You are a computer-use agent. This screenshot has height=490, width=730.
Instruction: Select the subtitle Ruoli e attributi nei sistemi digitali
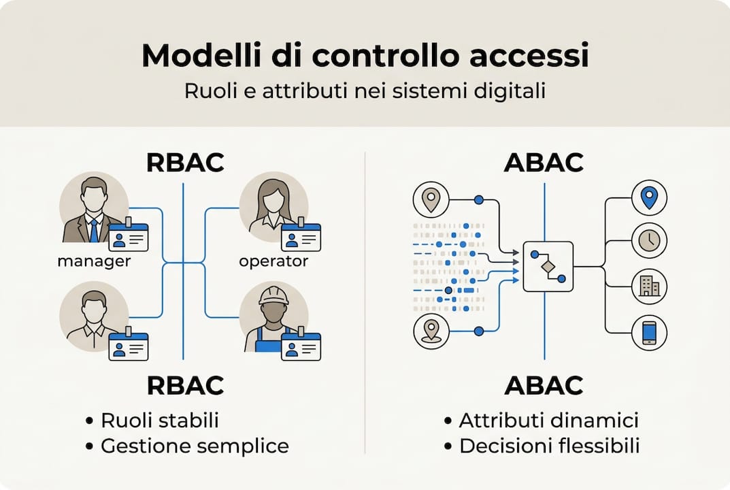(365, 92)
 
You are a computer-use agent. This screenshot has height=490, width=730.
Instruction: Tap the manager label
(94, 261)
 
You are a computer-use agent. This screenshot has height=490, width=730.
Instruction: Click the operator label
(273, 261)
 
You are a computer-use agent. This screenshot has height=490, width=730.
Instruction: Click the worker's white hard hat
(273, 295)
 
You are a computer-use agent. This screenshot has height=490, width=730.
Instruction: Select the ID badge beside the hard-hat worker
(301, 346)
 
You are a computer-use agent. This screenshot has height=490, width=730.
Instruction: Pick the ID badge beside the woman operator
(301, 238)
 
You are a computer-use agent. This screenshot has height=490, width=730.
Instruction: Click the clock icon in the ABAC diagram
(649, 240)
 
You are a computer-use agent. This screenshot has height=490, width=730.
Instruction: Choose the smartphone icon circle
(649, 332)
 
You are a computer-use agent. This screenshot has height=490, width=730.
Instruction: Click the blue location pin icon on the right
(649, 197)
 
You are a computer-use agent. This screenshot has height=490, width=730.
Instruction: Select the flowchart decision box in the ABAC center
(548, 267)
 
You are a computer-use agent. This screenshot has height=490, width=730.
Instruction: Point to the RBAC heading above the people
(185, 163)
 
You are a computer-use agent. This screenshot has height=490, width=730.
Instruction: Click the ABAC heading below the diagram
(544, 386)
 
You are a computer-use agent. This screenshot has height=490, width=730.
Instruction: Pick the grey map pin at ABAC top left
(431, 199)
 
